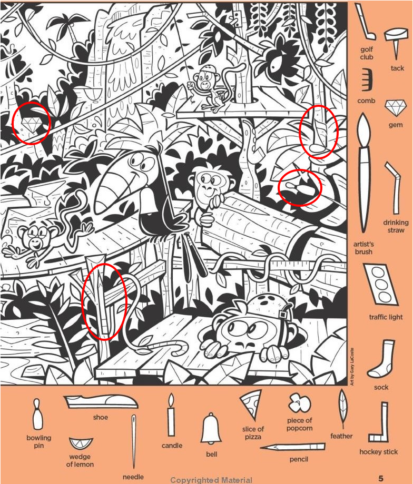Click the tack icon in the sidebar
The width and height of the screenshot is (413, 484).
tap(396, 42)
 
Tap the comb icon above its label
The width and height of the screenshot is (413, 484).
tap(367, 79)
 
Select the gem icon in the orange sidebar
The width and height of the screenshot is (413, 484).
tap(395, 108)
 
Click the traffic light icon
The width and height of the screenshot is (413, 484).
tap(381, 285)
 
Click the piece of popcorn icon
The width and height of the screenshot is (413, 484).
tap(299, 402)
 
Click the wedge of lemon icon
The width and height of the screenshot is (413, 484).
tap(81, 444)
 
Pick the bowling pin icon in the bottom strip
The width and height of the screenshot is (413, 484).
tap(37, 414)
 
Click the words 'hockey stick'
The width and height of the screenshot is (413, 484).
tap(378, 451)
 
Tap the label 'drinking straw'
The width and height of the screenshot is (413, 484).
tap(396, 226)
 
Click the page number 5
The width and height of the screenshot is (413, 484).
tap(381, 479)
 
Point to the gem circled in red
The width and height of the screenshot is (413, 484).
tap(31, 124)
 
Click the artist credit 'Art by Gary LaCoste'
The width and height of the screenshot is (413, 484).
tap(352, 367)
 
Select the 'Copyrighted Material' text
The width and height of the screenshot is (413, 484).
tap(211, 480)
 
